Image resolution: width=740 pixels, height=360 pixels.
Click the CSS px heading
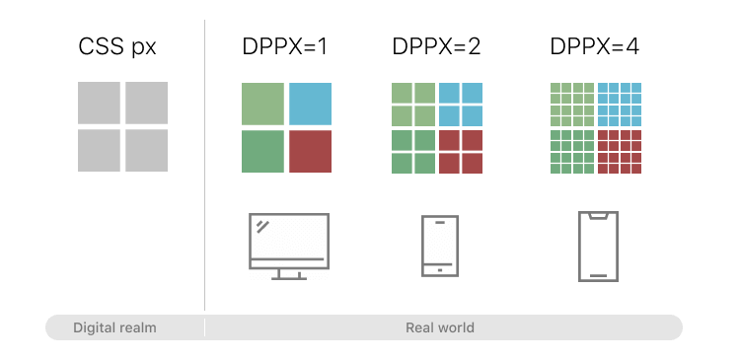tap(117, 46)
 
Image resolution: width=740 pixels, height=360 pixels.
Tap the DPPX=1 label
tap(284, 46)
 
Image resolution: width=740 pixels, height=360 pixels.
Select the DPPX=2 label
tap(436, 46)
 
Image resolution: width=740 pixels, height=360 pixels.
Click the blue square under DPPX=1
tap(310, 104)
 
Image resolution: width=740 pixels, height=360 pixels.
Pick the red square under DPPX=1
tap(310, 151)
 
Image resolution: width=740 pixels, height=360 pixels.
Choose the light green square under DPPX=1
tap(262, 104)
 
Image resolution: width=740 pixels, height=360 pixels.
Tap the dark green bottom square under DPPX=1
tap(262, 151)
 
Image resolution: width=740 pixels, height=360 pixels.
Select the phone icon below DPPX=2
tap(439, 246)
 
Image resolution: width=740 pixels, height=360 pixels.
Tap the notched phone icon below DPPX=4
tap(598, 246)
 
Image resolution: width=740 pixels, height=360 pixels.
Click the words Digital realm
tap(114, 327)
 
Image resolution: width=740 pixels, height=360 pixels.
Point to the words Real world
tap(440, 327)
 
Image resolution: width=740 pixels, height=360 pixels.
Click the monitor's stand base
tap(288, 277)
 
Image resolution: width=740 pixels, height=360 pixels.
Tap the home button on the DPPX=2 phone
tap(439, 269)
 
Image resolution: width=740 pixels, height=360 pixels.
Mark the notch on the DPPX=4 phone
tap(598, 214)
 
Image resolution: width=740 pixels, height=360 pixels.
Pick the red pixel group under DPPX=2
tap(461, 151)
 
